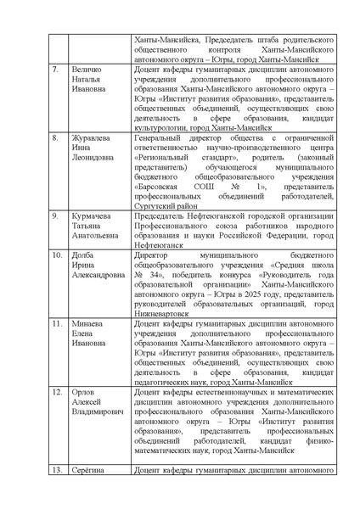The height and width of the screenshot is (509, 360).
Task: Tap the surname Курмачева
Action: click(93, 216)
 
